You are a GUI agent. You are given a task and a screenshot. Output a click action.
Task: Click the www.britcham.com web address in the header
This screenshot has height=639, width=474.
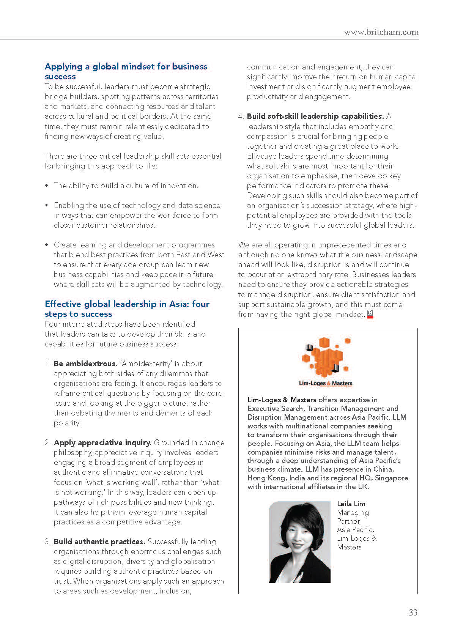pyautogui.click(x=381, y=32)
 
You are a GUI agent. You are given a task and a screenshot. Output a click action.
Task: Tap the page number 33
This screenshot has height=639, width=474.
pyautogui.click(x=413, y=612)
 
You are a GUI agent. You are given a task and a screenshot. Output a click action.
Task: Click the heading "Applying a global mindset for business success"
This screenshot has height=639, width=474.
pyautogui.click(x=126, y=71)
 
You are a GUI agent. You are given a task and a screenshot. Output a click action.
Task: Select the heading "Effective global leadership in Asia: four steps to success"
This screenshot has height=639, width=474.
pyautogui.click(x=127, y=309)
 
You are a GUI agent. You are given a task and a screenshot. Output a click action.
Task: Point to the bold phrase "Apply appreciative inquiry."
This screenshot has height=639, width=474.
pyautogui.click(x=102, y=442)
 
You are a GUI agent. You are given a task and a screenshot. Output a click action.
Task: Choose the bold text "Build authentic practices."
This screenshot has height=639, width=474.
pyautogui.click(x=99, y=541)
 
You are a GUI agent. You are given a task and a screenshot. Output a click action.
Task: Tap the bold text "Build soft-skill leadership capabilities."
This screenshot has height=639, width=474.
pyautogui.click(x=315, y=116)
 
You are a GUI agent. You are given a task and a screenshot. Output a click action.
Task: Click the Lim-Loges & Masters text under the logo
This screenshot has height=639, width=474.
pyautogui.click(x=326, y=383)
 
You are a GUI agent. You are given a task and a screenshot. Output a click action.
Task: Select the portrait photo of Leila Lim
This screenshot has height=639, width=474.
pyautogui.click(x=299, y=542)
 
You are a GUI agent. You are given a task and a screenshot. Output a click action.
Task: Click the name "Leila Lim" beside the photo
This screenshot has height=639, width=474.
pyautogui.click(x=351, y=504)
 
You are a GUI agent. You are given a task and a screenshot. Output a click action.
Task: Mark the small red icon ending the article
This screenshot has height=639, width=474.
pyautogui.click(x=370, y=314)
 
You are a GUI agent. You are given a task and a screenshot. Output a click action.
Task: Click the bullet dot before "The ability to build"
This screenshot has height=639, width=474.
pyautogui.click(x=47, y=186)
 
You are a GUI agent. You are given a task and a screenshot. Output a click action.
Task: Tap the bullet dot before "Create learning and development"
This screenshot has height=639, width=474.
pyautogui.click(x=47, y=245)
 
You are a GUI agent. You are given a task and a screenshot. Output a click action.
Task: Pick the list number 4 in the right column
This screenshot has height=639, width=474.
pyautogui.click(x=241, y=116)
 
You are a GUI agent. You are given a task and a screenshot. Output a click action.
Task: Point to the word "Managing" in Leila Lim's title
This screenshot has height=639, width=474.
pyautogui.click(x=353, y=513)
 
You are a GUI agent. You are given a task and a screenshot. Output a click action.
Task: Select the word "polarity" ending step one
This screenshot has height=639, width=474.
pyautogui.click(x=66, y=423)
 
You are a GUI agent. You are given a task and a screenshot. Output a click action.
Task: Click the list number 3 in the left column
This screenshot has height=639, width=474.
pyautogui.click(x=47, y=541)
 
